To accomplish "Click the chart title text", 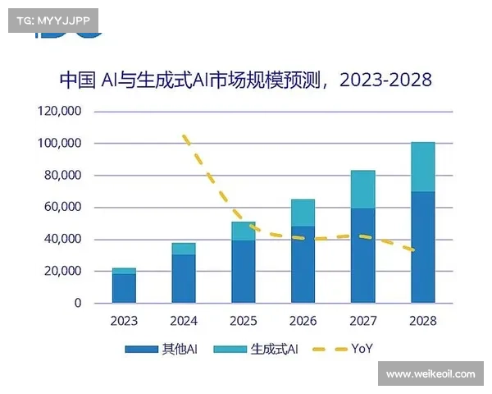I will pos(245,80).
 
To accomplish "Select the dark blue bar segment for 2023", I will pos(124,288).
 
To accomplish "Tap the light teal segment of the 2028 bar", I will pos(422,167).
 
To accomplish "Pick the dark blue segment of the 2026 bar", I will pos(303,264).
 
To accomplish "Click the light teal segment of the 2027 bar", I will pos(362,189).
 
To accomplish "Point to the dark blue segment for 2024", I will pos(184,278).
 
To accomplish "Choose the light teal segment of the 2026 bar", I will pos(303,213).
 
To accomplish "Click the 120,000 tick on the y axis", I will pos(61,112).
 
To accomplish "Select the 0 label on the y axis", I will pos(78,303).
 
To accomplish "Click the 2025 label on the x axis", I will pos(244,321).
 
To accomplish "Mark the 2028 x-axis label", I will pos(422,321).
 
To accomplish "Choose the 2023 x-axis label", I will pos(124,321).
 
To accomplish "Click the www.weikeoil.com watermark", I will pos(430,374).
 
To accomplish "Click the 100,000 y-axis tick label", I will pos(61,144).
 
